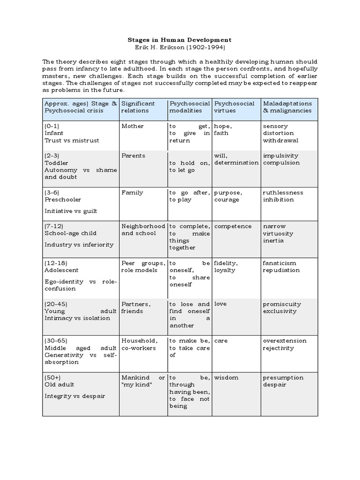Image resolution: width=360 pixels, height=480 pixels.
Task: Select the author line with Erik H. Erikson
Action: (x=180, y=47)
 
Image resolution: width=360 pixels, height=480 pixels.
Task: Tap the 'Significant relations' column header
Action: (x=137, y=107)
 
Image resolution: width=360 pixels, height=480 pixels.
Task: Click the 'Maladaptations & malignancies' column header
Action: (x=287, y=107)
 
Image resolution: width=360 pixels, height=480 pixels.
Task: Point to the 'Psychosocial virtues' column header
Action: (x=234, y=107)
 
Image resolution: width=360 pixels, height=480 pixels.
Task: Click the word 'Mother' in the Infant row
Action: (x=133, y=126)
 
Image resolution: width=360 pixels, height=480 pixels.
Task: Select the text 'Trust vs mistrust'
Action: (x=72, y=141)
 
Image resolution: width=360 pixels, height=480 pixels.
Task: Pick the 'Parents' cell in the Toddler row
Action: (x=134, y=156)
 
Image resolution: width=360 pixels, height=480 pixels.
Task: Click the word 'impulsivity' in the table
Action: (x=281, y=156)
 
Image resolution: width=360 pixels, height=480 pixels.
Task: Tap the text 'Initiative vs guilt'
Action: (x=71, y=211)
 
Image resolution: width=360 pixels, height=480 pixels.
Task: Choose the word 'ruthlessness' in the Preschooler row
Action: (x=283, y=193)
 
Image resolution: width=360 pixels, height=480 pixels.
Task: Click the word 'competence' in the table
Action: (x=233, y=226)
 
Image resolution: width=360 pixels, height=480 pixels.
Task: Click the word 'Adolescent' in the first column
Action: (x=61, y=270)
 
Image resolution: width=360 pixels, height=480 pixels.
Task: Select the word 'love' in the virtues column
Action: (x=220, y=304)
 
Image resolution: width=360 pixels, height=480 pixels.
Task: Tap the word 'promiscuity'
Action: (x=282, y=304)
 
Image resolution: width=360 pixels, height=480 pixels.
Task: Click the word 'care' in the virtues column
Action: (x=221, y=341)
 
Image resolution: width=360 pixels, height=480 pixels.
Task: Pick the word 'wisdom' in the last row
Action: (x=226, y=378)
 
